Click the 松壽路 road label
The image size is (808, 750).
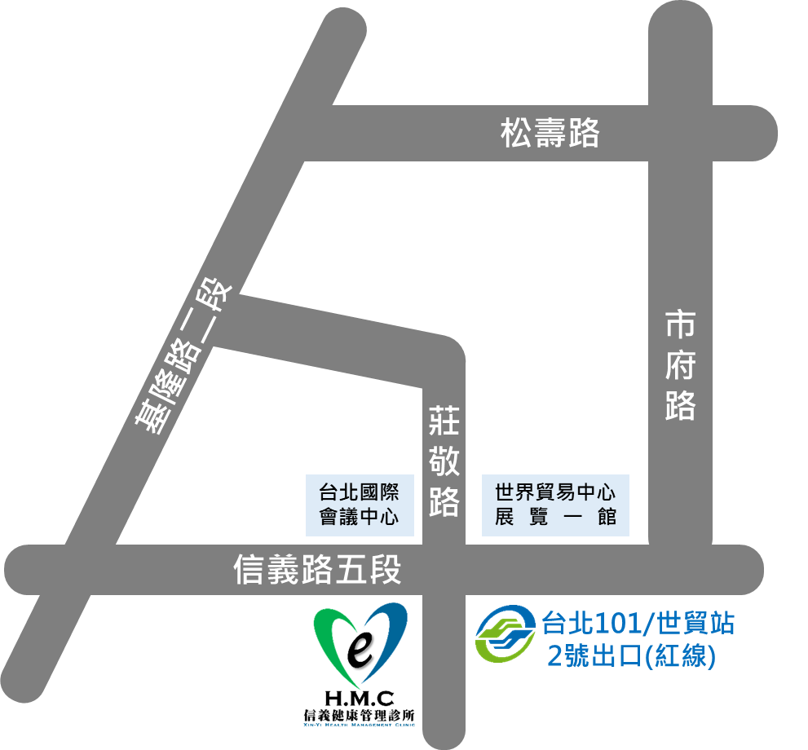[550, 133]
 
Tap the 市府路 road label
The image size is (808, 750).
[679, 364]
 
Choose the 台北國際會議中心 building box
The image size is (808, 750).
[359, 505]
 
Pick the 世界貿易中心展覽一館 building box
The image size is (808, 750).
[555, 505]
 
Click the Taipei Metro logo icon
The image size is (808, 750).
[506, 635]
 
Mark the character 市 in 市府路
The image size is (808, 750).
[679, 324]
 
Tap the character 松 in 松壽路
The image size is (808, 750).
[517, 133]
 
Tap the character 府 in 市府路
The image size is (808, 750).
[679, 364]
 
